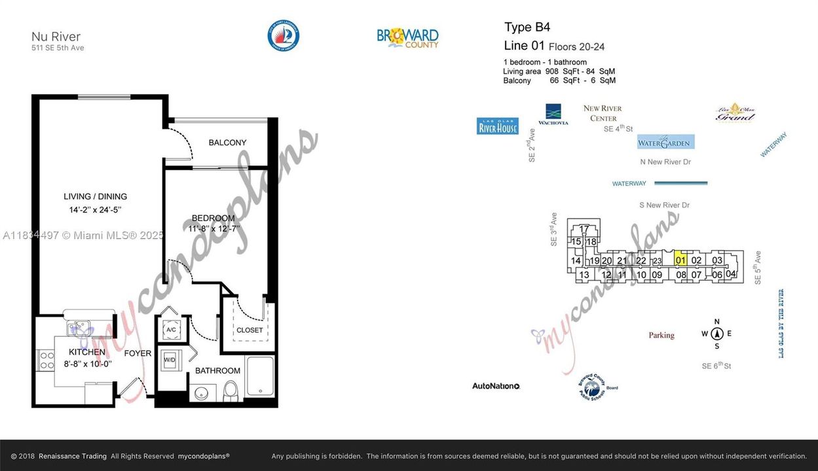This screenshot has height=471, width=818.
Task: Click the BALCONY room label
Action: pyautogui.click(x=227, y=143)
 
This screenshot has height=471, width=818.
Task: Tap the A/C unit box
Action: pyautogui.click(x=171, y=330)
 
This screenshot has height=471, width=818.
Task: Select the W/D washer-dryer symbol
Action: pyautogui.click(x=170, y=360)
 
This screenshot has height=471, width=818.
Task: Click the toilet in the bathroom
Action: pyautogui.click(x=231, y=391)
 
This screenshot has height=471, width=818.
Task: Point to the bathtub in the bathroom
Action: pyautogui.click(x=260, y=376)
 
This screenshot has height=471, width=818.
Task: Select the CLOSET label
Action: pyautogui.click(x=250, y=330)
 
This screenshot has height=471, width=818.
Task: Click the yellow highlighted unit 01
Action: pyautogui.click(x=680, y=260)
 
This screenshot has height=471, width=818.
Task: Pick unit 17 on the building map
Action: pyautogui.click(x=584, y=229)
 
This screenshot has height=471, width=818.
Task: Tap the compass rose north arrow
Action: pyautogui.click(x=717, y=334)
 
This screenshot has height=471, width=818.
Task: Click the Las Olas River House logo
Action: pyautogui.click(x=498, y=126)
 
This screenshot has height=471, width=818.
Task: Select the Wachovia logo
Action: pyautogui.click(x=553, y=114)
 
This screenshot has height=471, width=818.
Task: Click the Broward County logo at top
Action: pyautogui.click(x=407, y=37)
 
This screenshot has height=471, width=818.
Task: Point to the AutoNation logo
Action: pyautogui.click(x=496, y=386)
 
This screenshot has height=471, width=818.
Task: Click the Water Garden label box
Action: pyautogui.click(x=665, y=142)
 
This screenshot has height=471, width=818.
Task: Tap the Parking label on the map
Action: pyautogui.click(x=661, y=336)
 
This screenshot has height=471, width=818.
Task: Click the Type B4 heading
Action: pyautogui.click(x=527, y=27)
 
